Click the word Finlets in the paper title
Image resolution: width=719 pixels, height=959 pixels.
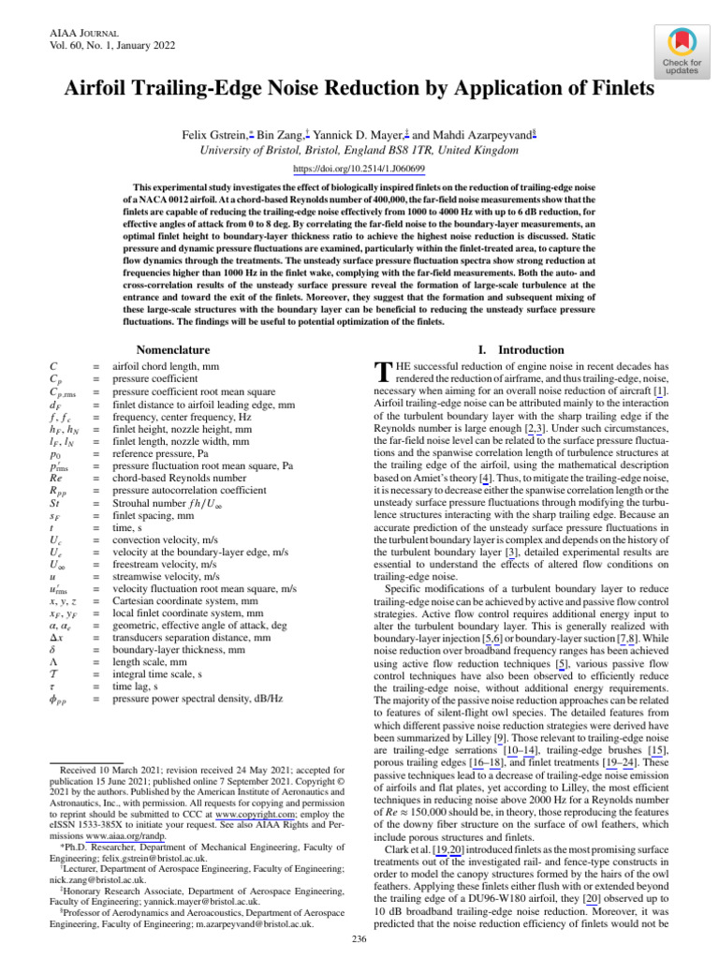click(x=617, y=89)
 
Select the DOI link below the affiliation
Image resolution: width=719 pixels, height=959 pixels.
click(x=359, y=168)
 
